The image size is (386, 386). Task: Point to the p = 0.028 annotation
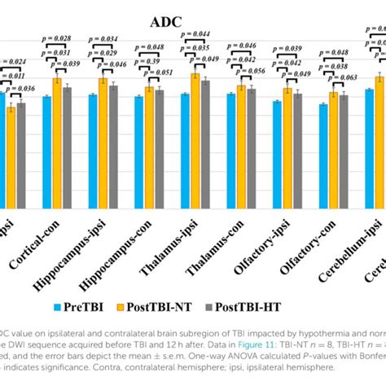tap(55, 38)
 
